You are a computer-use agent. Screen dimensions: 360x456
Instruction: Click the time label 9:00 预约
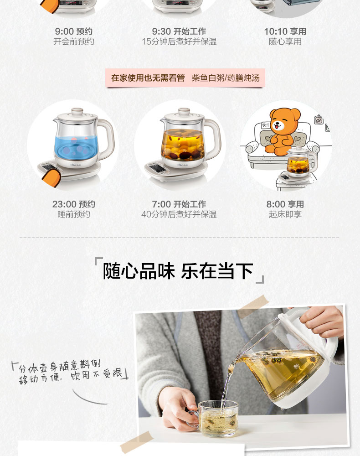[x=74, y=31]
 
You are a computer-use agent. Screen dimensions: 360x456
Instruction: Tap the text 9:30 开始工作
[x=179, y=31]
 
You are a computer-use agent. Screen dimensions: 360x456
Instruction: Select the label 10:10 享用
[x=285, y=31]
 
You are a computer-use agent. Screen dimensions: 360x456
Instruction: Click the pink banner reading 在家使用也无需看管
[x=148, y=78]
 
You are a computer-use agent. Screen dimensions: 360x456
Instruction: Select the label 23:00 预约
[x=74, y=204]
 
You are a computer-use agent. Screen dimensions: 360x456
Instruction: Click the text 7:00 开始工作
[x=179, y=204]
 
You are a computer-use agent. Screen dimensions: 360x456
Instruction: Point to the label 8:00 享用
[x=285, y=204]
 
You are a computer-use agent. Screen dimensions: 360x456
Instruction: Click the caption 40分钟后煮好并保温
[x=179, y=214]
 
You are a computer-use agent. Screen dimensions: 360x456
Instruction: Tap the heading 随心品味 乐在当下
[x=178, y=271]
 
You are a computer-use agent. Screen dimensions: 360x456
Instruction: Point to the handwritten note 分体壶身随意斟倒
[x=60, y=367]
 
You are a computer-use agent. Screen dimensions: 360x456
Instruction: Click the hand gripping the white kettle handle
[x=323, y=321]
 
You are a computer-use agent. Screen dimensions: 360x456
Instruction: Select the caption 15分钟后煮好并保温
[x=179, y=41]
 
